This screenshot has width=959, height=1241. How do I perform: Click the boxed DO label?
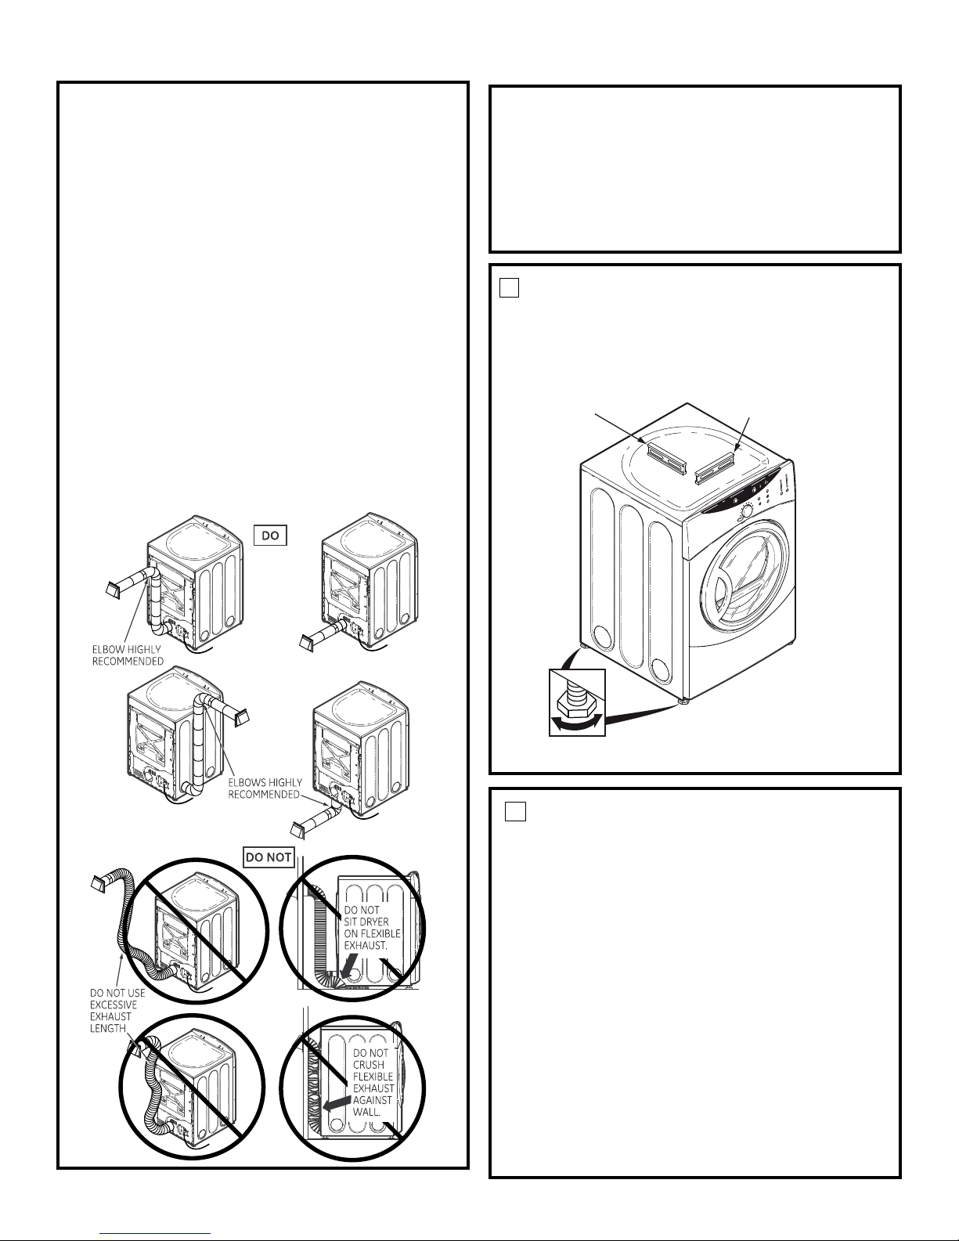coord(270,536)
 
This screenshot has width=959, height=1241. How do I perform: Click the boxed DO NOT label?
coord(269,857)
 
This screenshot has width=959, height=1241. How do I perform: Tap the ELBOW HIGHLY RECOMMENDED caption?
coord(128,655)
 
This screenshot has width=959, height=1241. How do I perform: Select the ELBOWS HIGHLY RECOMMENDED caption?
coord(265,788)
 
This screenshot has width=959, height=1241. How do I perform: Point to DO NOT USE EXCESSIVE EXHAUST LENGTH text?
coord(117,1010)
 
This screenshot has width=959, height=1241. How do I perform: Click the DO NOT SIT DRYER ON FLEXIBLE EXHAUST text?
coord(372,928)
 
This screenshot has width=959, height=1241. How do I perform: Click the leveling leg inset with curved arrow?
coord(577,702)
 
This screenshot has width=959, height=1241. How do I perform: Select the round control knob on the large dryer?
coord(746,511)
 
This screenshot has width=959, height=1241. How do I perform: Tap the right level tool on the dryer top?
coord(714,467)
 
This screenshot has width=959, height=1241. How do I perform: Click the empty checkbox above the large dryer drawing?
coord(509,287)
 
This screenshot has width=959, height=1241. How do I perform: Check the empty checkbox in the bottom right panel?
coord(515,811)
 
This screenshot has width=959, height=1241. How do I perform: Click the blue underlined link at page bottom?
coord(155,1234)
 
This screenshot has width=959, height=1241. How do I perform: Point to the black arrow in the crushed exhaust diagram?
coord(336,1102)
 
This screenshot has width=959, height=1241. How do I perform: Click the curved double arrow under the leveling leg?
coord(576,723)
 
